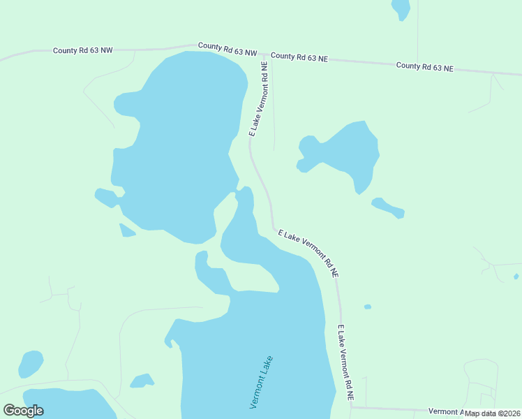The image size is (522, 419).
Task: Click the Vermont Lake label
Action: [260, 383]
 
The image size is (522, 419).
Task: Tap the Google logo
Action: [24, 411]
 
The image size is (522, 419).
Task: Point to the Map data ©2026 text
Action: [492, 413]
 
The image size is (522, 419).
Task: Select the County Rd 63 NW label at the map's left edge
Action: [82, 50]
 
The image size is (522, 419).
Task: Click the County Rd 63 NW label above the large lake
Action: [228, 49]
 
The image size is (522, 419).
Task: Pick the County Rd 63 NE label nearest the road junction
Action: [299, 57]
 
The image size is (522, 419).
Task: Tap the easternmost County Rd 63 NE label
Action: [424, 67]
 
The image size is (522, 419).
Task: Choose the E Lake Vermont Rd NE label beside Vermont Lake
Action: [347, 363]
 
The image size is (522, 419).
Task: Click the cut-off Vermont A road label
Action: [445, 411]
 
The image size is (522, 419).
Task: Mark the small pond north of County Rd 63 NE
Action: [401, 8]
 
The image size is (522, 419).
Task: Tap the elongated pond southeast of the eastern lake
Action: [388, 207]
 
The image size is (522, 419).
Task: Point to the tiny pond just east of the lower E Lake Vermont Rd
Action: [368, 307]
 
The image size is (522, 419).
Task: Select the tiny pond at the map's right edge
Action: [516, 277]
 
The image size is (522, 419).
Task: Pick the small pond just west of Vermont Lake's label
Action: [142, 381]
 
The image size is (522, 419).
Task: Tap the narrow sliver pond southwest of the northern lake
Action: [127, 230]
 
